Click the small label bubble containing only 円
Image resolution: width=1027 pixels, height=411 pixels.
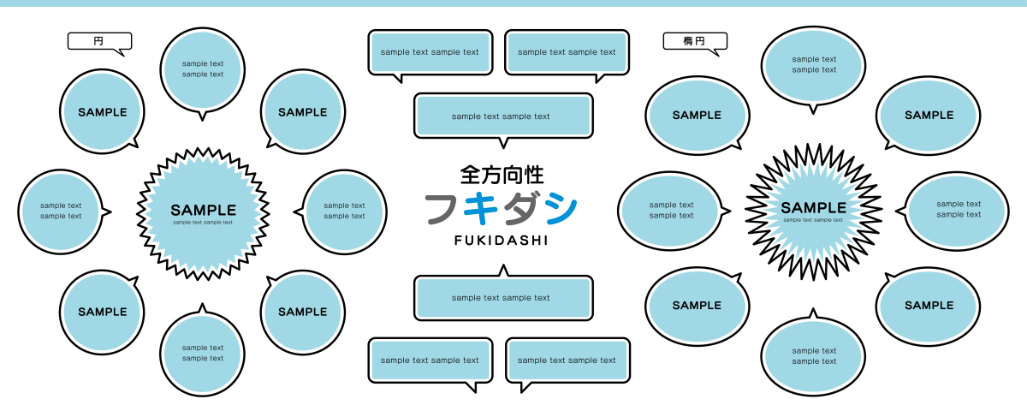pyautogui.click(x=99, y=41)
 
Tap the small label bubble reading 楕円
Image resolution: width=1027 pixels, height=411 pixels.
pyautogui.click(x=694, y=41)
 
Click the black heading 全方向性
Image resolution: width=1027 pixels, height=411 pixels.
pyautogui.click(x=502, y=176)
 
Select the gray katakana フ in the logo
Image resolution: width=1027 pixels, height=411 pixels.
pyautogui.click(x=445, y=210)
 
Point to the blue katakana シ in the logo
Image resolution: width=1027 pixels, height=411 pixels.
pyautogui.click(x=559, y=210)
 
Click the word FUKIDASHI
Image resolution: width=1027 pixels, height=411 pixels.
pyautogui.click(x=501, y=241)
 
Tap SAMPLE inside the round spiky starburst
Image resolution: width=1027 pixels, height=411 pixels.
pyautogui.click(x=203, y=210)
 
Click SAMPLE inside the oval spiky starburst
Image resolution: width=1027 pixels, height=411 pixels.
pyautogui.click(x=813, y=207)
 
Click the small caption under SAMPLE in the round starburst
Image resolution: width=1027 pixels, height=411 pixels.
pyautogui.click(x=203, y=223)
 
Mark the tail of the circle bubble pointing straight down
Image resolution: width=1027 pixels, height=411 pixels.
pyautogui.click(x=203, y=115)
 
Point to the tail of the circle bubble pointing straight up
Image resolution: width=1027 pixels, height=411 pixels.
pyautogui.click(x=203, y=307)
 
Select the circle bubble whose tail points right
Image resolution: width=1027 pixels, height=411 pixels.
pyautogui.click(x=60, y=211)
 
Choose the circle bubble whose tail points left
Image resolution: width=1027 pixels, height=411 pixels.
pyautogui.click(x=345, y=211)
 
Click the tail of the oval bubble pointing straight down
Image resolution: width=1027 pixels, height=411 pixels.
pyautogui.click(x=813, y=108)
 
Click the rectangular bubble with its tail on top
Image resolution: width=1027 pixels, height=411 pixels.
pyautogui.click(x=503, y=297)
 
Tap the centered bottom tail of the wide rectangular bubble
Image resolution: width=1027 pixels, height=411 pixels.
pyautogui.click(x=503, y=142)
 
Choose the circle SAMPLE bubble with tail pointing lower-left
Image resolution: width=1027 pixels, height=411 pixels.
pyautogui.click(x=302, y=112)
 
